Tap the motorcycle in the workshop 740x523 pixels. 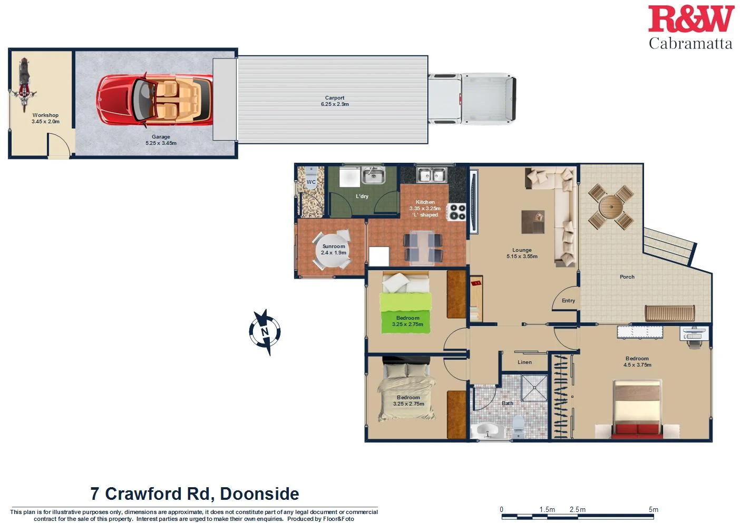(x=24, y=84)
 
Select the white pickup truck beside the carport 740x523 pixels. (x=472, y=99)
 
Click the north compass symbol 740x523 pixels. (x=265, y=332)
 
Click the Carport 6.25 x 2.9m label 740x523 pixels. (x=335, y=101)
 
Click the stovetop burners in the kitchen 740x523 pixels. (x=456, y=212)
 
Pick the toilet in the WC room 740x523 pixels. (x=311, y=173)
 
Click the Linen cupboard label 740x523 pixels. (x=524, y=362)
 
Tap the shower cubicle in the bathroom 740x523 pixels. (x=534, y=388)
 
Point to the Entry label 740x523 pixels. (x=568, y=301)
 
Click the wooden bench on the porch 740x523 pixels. (x=670, y=313)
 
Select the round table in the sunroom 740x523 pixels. (x=334, y=250)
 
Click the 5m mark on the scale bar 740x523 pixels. (x=653, y=510)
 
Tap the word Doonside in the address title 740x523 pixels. (x=259, y=494)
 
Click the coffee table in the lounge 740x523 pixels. (x=533, y=222)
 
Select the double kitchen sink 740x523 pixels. (x=432, y=174)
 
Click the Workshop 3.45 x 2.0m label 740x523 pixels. (x=45, y=118)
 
